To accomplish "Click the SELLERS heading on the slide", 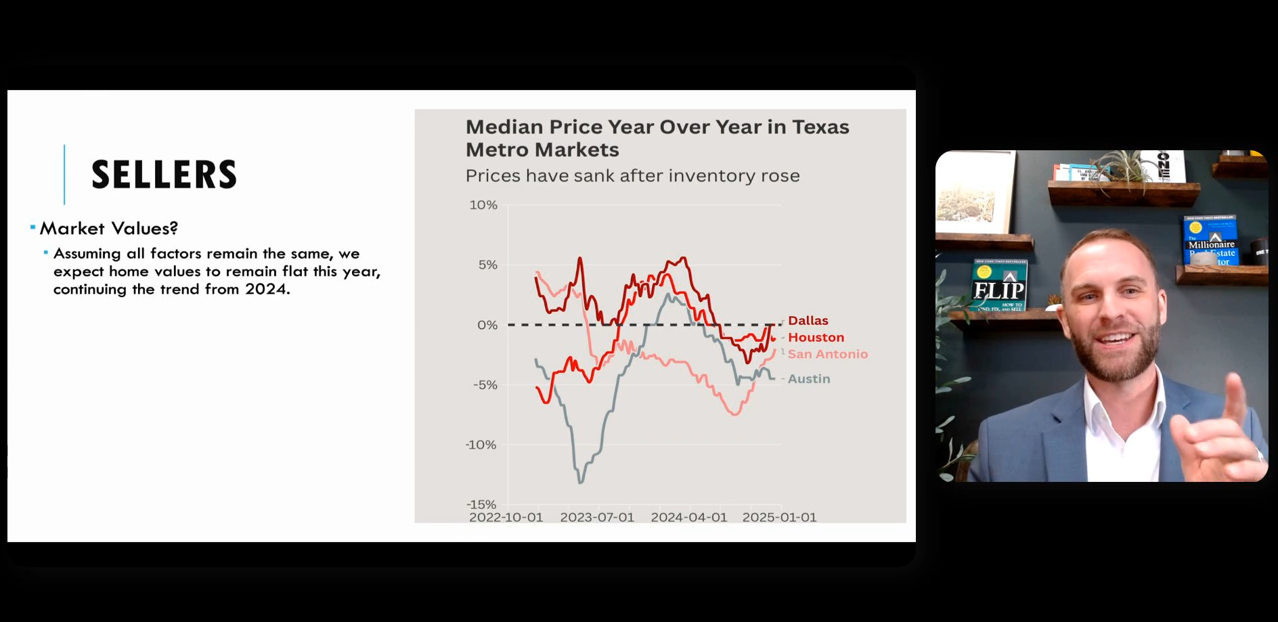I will (164, 175).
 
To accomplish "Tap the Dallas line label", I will (808, 321).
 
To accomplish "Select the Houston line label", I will (816, 337).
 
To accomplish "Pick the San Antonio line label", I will (827, 354).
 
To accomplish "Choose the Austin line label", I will (808, 379).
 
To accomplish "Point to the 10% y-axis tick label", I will (483, 205).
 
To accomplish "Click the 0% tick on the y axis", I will (487, 325).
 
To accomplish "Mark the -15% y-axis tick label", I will (481, 504).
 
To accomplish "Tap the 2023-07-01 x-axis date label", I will (597, 517).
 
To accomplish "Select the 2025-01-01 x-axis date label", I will (779, 517).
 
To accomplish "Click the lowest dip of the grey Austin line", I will (580, 481).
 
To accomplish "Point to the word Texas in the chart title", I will (820, 127).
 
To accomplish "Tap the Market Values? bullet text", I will (108, 229).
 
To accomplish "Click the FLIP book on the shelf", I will (999, 286).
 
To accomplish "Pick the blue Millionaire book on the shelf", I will (1211, 240).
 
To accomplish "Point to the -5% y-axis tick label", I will (485, 385).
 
